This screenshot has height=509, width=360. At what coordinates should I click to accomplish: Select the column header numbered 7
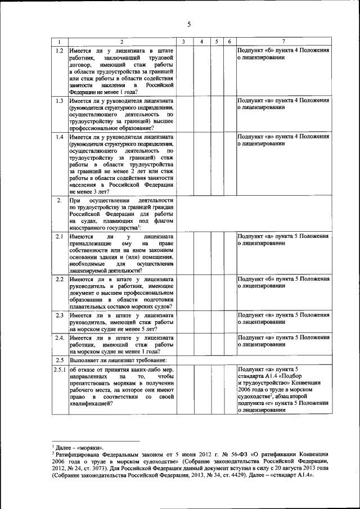tap(283, 42)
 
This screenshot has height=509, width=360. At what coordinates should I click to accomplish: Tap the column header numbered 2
tap(121, 42)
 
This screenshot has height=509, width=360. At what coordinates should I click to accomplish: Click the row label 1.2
tap(59, 51)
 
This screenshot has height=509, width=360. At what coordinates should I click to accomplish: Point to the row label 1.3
tap(59, 101)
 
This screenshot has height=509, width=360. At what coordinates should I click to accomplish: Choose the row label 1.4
tap(59, 137)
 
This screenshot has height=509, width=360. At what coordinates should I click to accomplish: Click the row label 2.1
tap(59, 237)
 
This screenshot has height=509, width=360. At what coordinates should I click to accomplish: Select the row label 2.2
tap(59, 280)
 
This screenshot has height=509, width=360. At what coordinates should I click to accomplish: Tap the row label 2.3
tap(59, 316)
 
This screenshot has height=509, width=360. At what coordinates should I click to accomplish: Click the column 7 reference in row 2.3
tap(283, 319)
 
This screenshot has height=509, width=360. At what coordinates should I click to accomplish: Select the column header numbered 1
tap(59, 42)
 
